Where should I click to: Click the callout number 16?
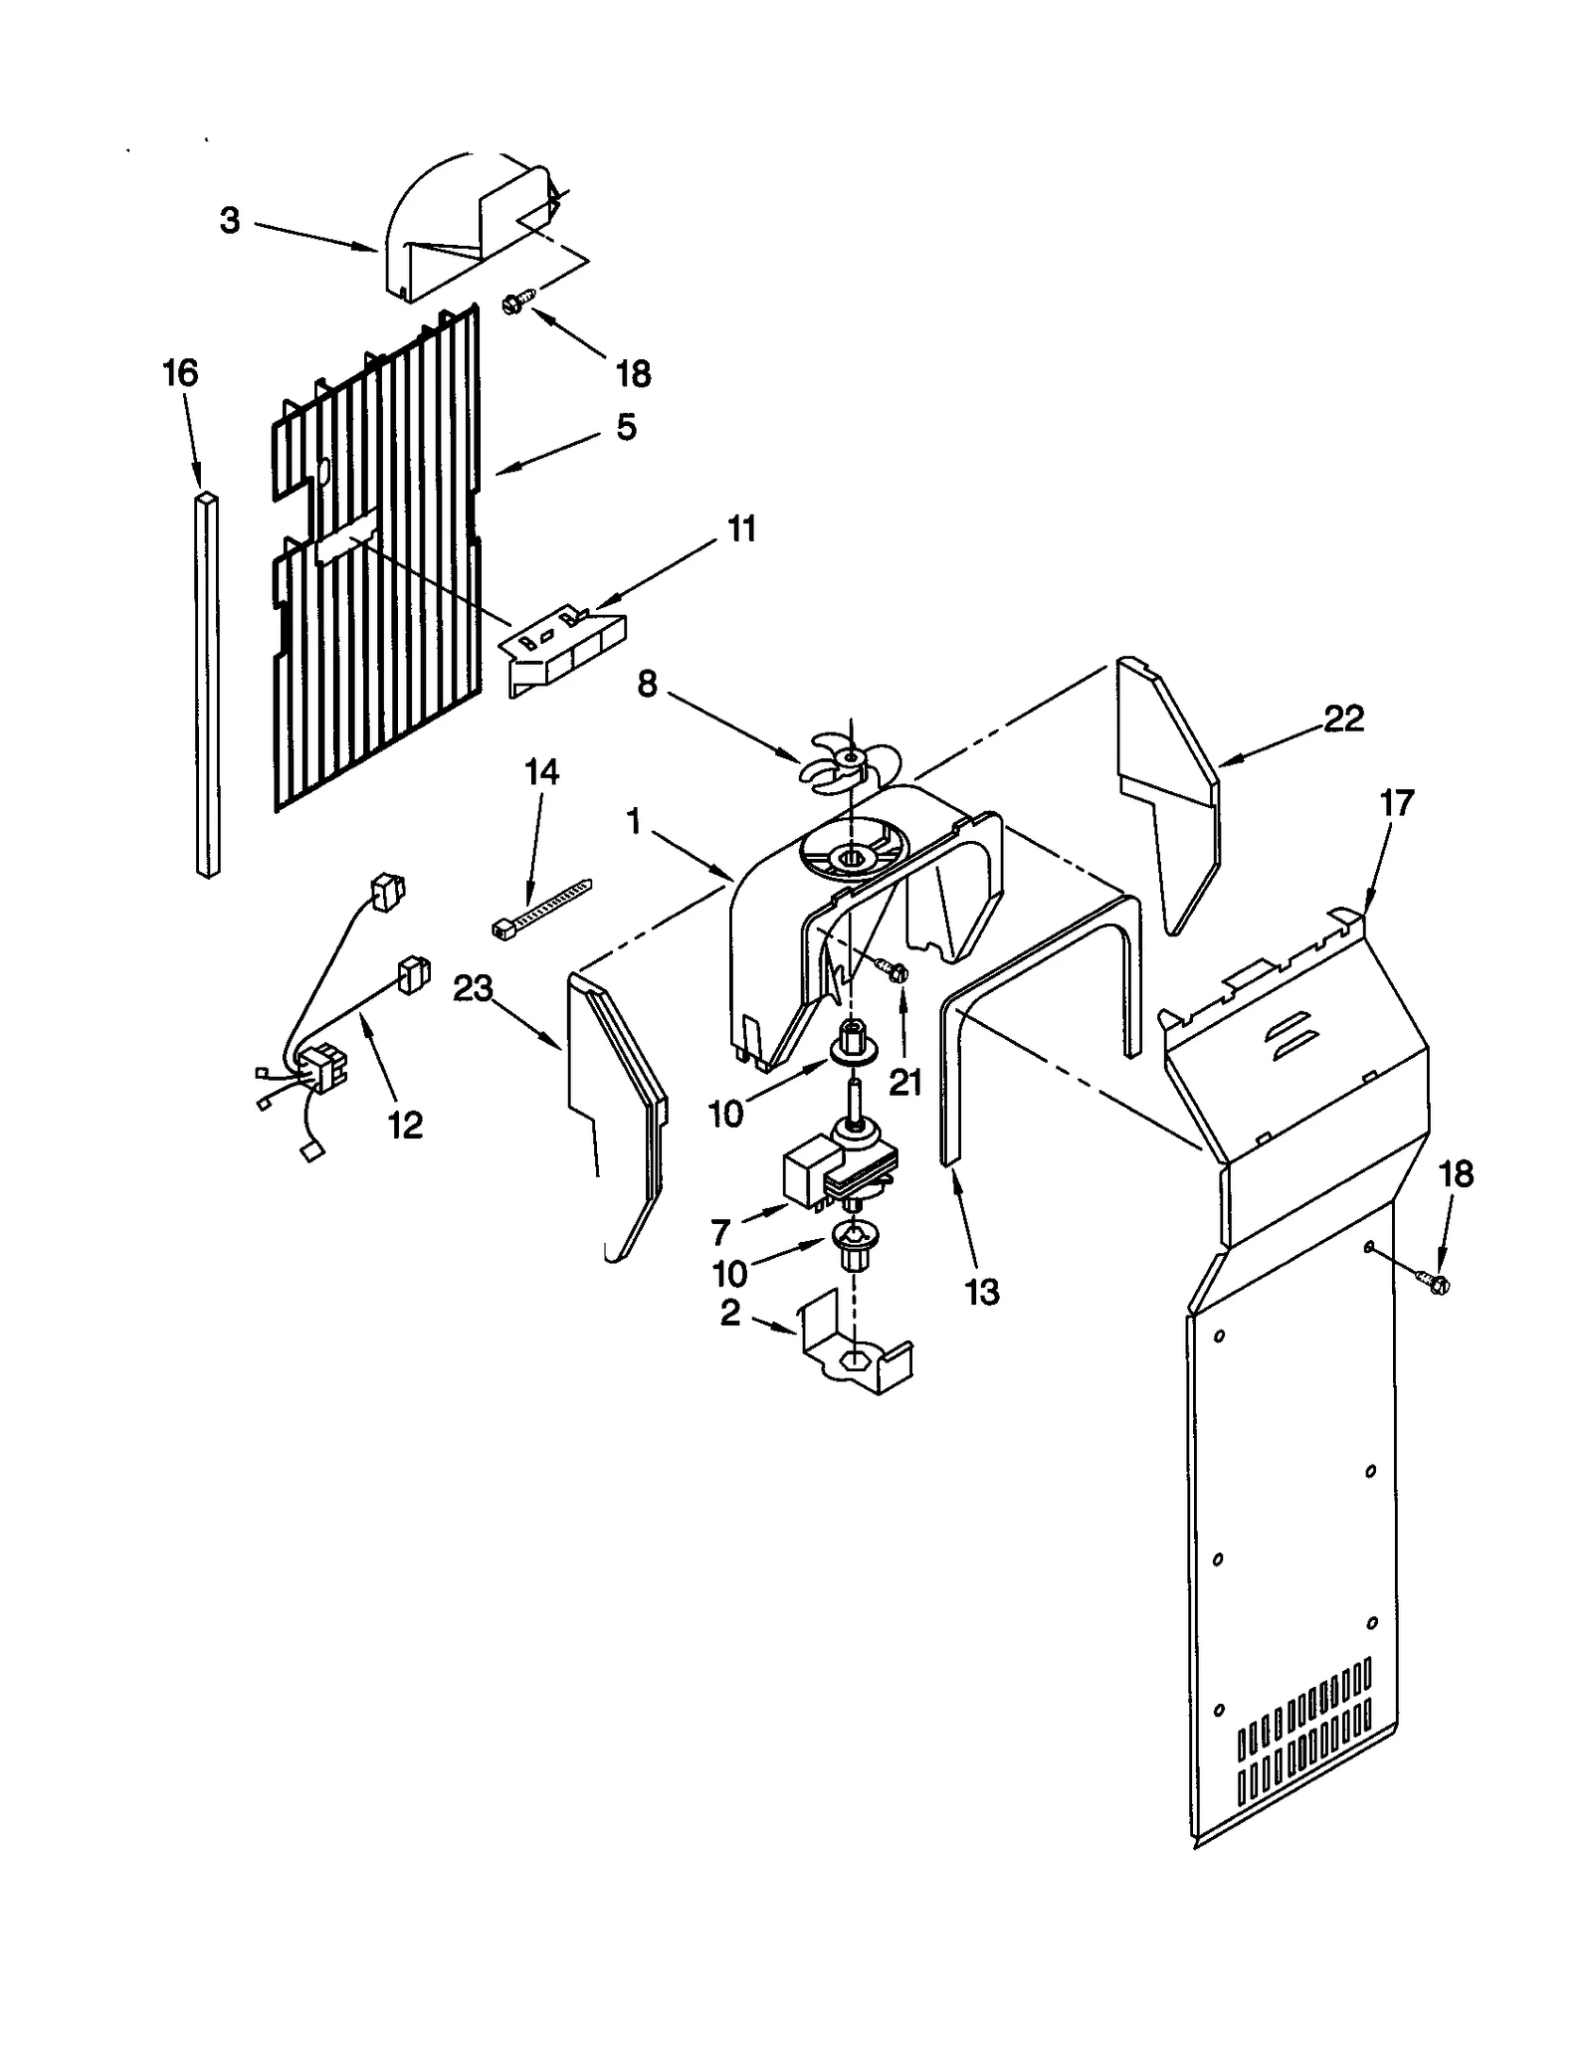[x=180, y=373]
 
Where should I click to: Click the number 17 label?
[x=1396, y=802]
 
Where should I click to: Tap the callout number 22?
[x=1342, y=718]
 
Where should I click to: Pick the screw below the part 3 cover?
[x=519, y=301]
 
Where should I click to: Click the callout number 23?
[x=473, y=989]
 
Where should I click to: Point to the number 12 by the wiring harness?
[x=405, y=1125]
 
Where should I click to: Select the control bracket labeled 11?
[x=562, y=655]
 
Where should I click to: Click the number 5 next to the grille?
[x=625, y=427]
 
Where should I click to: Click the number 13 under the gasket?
[x=981, y=1292]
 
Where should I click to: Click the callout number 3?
[x=230, y=220]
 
